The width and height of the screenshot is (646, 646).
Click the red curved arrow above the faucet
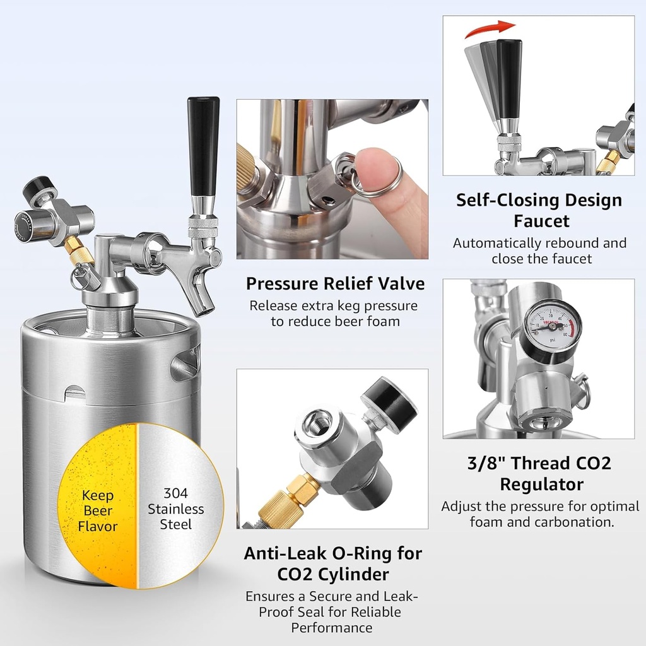(490, 28)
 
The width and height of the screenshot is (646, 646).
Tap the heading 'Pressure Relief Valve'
(336, 283)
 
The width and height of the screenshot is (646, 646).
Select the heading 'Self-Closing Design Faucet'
(539, 211)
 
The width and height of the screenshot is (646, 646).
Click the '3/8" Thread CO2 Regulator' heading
(539, 473)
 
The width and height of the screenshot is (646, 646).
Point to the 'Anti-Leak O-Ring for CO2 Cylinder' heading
(333, 563)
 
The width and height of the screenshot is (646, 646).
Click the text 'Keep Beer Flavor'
(98, 510)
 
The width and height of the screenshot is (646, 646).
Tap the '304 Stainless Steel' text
(175, 509)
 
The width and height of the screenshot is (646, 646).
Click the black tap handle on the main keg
(203, 148)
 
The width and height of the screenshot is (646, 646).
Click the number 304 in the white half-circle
(175, 493)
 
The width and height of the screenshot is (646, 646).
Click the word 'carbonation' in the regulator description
(578, 522)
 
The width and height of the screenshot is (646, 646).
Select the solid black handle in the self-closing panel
(509, 78)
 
